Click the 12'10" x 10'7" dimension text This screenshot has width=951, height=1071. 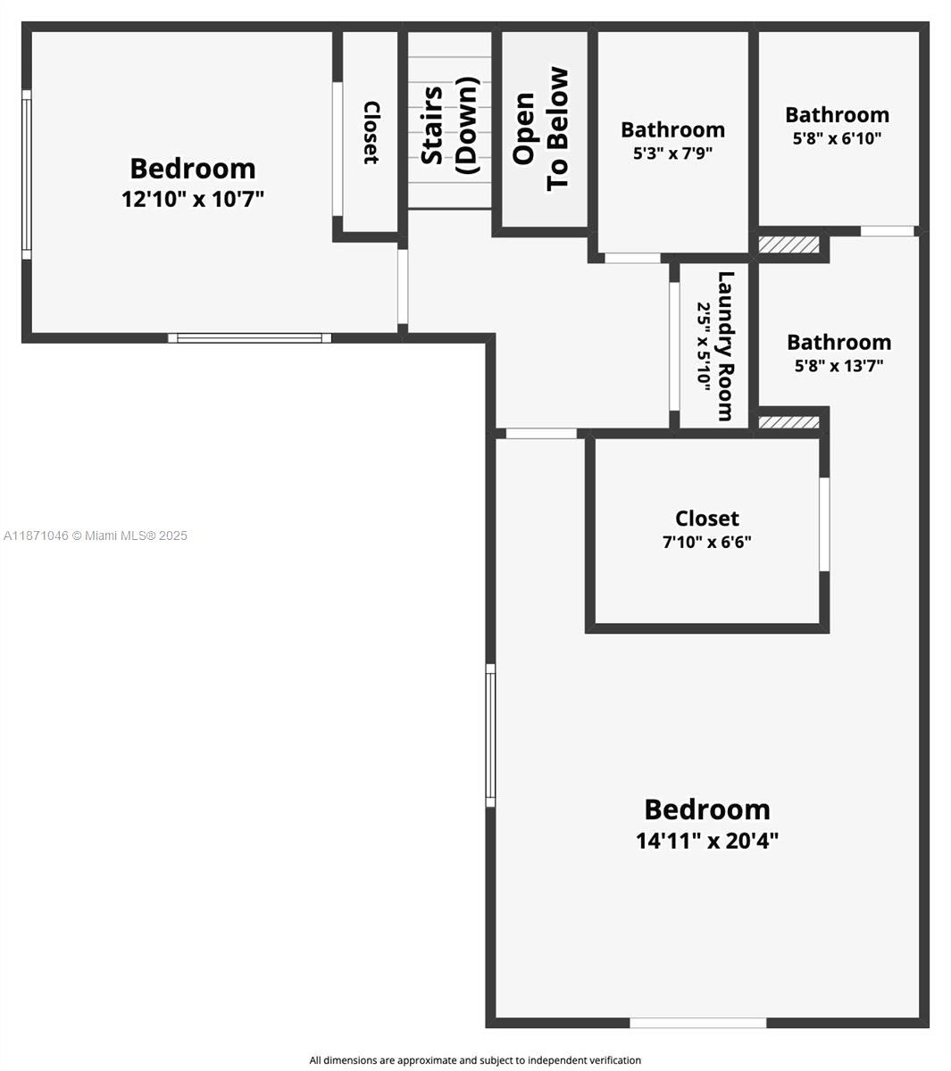tap(193, 198)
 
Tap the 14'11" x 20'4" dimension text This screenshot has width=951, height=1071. tap(707, 841)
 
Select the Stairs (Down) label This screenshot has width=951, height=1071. tap(449, 125)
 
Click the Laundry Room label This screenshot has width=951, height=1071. tap(726, 345)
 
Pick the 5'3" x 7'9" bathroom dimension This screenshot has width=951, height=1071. tap(672, 153)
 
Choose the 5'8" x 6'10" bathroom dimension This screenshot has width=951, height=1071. tap(837, 138)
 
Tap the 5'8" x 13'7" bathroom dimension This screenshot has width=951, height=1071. tap(838, 365)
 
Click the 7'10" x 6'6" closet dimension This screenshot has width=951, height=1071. tap(706, 542)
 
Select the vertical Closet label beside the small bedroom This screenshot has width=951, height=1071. tap(371, 133)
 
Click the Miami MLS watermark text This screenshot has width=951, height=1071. tap(96, 535)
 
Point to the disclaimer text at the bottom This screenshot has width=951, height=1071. tap(475, 1060)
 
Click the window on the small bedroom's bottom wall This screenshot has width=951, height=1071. tap(249, 338)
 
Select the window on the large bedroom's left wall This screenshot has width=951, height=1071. tap(490, 735)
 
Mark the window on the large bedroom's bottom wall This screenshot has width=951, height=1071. tap(697, 1023)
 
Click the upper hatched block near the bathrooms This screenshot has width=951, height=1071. tap(788, 245)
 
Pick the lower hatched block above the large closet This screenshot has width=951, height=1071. tap(788, 422)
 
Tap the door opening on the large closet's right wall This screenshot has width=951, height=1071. tap(824, 524)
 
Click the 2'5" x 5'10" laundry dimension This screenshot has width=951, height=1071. tap(705, 345)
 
